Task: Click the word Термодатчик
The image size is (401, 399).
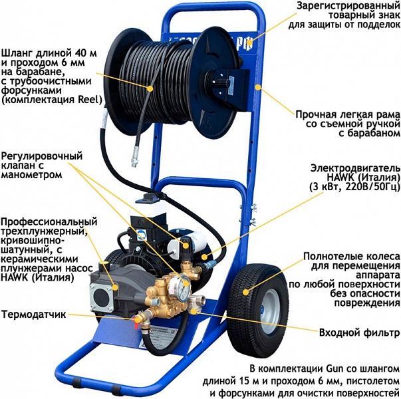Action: pos(33,315)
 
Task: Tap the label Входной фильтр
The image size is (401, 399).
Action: pos(359,332)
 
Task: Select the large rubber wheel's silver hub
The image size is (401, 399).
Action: pos(269,311)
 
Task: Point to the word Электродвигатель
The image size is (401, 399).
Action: pos(355,168)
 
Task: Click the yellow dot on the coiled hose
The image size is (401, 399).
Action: pos(150,88)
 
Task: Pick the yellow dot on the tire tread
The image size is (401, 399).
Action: pos(246,292)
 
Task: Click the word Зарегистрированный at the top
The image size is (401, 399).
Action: pos(348,5)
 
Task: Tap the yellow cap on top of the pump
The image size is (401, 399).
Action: pos(104,264)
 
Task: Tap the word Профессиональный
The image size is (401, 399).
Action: pos(49,221)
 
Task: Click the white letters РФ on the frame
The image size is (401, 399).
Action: pos(247,44)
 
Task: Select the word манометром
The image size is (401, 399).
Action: pos(32,175)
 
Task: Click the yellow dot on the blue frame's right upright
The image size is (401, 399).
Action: pos(258,88)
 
